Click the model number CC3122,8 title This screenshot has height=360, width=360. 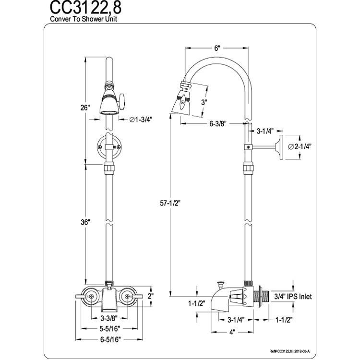point(85,8)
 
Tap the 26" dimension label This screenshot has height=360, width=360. point(85,108)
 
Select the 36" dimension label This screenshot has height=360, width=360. point(85,222)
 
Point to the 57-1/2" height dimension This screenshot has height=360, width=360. point(170,203)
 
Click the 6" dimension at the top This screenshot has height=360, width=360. point(217,48)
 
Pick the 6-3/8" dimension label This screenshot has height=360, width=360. point(218,124)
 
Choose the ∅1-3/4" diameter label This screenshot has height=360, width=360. point(141,120)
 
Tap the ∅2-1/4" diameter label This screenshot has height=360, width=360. point(300,146)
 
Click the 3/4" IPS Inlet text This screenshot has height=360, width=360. point(293,297)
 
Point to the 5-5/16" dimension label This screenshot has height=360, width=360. point(110,329)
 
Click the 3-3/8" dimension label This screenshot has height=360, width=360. point(109,318)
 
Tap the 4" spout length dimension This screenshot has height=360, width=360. point(232,332)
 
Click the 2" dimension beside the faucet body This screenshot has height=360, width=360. point(151,296)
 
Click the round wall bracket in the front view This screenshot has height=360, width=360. point(109,147)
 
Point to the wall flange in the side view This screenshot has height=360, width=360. point(281,147)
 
